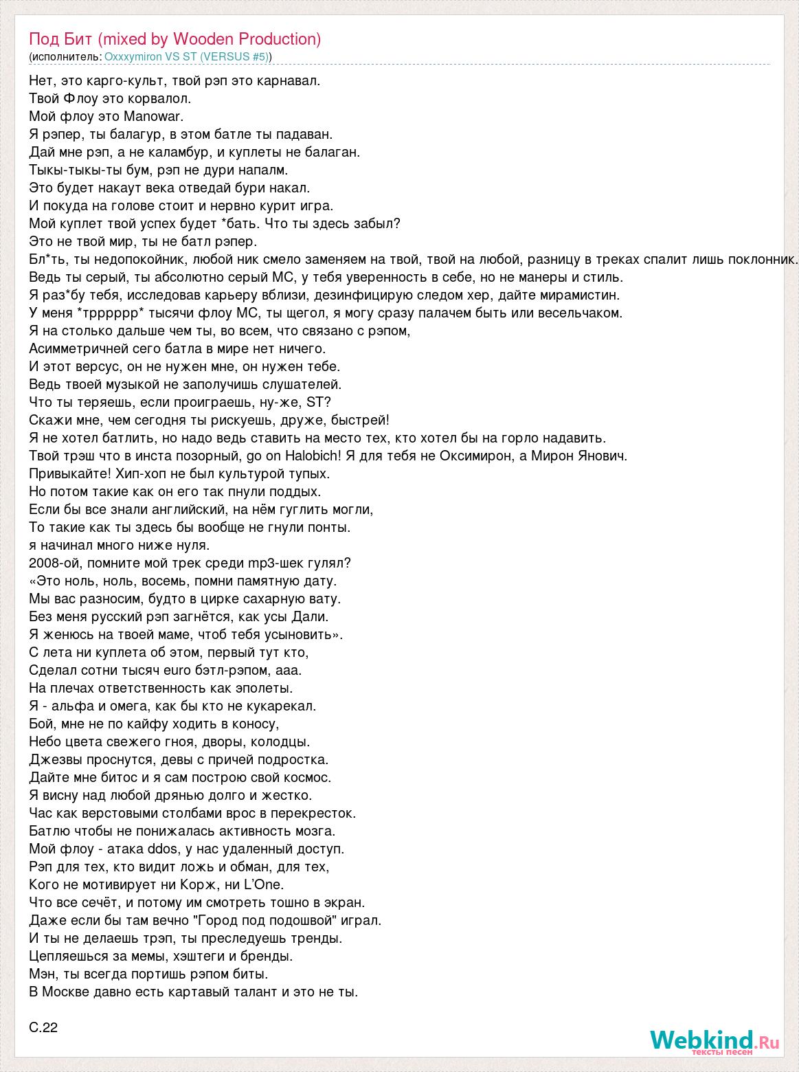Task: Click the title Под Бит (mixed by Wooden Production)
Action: pos(175,39)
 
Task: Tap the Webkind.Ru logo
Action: pos(714,1041)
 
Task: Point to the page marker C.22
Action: pos(44,1028)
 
